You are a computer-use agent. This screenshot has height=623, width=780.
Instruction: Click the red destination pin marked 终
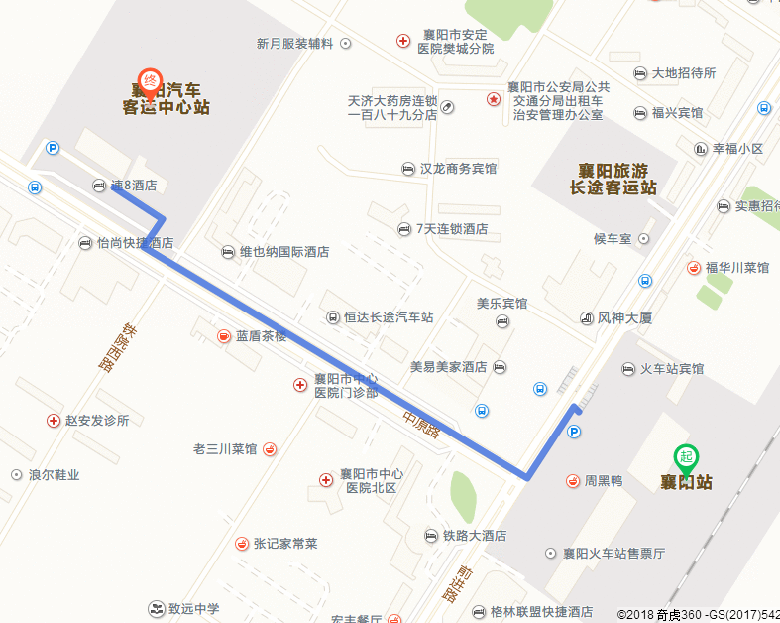coord(150,81)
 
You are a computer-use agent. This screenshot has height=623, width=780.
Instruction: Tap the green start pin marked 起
coord(685,457)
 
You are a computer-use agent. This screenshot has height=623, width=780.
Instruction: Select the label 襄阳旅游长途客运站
coord(613,179)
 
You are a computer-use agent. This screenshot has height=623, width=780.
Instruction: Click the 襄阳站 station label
coord(687,483)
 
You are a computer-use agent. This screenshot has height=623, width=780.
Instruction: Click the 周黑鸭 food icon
coord(572,481)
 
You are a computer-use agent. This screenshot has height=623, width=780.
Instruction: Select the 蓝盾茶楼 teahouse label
coord(261,336)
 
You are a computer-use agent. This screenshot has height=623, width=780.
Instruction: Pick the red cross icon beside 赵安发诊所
coord(53,421)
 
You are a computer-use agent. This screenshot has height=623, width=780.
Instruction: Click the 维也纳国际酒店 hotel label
coord(283,252)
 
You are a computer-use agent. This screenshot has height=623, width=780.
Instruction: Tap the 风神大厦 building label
coord(624,318)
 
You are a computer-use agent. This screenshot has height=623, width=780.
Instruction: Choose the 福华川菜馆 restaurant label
coord(736,268)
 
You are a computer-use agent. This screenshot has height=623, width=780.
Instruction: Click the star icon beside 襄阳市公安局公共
coord(493,99)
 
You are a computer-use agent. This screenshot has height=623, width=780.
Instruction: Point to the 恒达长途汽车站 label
coord(389,317)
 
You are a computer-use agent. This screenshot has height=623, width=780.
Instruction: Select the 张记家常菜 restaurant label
coord(285,544)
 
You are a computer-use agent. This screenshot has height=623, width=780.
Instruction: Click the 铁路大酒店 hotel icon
coord(430,536)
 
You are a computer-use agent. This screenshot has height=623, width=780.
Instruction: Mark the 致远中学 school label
coord(193,608)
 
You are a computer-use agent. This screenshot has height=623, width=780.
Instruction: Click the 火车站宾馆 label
coord(671,369)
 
